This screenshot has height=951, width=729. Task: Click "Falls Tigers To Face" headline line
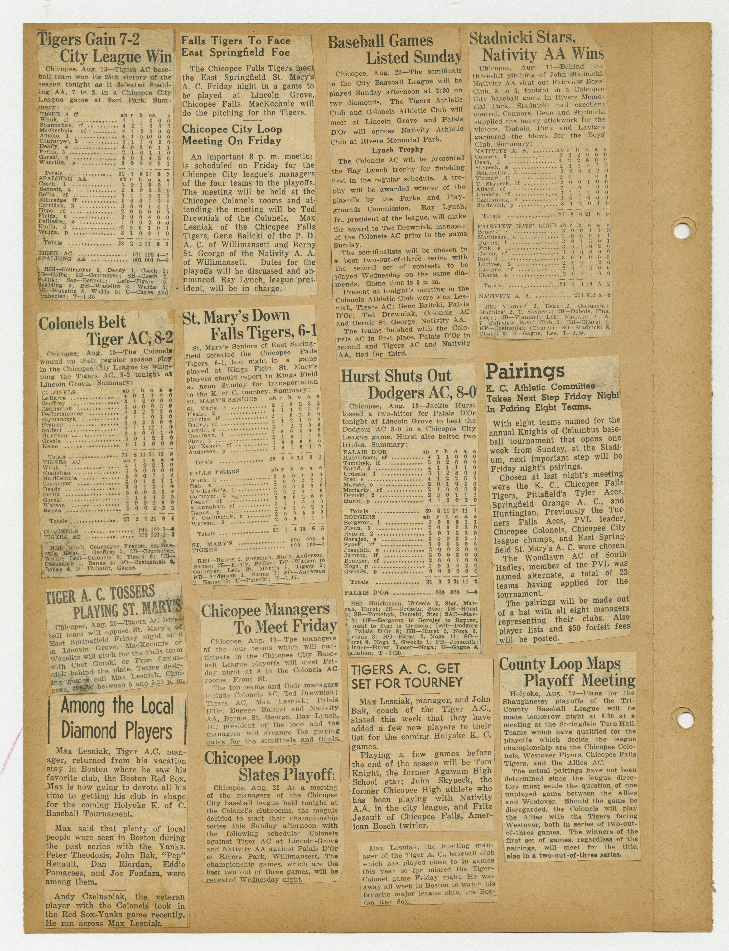click(x=236, y=41)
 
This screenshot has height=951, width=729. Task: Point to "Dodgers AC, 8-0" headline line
click(x=421, y=393)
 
